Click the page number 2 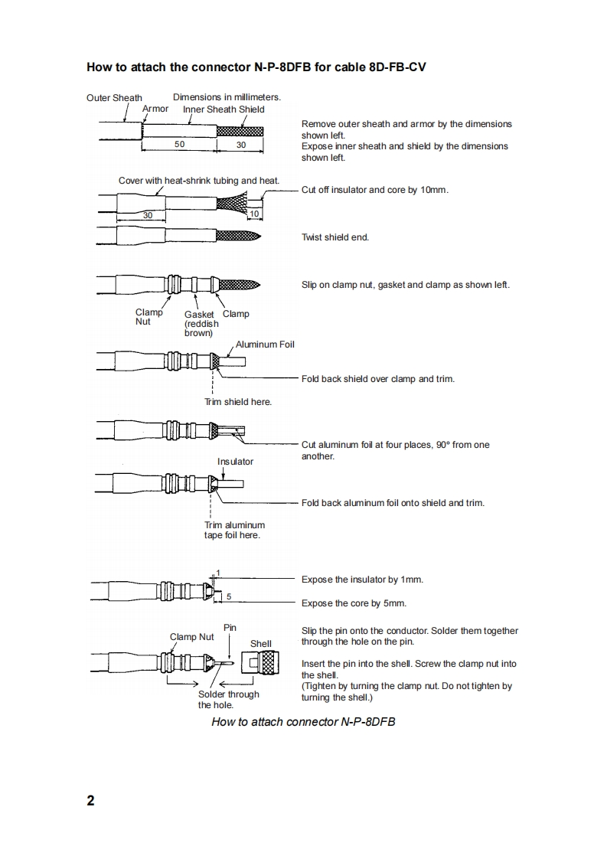[91, 801]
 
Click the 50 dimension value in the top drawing [179, 144]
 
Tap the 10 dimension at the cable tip [255, 214]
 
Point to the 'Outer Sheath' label [114, 98]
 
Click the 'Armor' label [155, 109]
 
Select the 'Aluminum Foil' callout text [265, 345]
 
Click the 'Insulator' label [235, 462]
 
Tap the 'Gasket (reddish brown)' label [201, 323]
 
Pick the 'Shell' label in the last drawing [261, 644]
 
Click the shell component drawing [262, 663]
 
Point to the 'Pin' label [230, 628]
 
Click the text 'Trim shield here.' [238, 402]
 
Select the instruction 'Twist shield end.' [335, 237]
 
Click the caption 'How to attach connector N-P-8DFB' [303, 722]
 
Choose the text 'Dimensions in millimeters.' [227, 97]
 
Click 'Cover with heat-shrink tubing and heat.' [199, 181]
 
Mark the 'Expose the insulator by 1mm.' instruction [362, 580]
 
